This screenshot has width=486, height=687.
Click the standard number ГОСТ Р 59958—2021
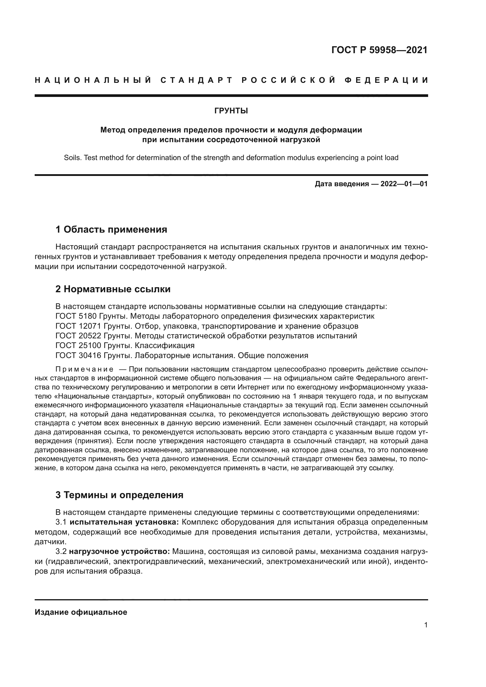(379, 50)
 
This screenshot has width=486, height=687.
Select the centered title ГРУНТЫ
(231, 111)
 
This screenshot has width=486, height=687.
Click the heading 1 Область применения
(111, 229)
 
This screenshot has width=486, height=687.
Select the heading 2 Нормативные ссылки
(113, 289)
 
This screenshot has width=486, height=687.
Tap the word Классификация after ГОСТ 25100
(165, 346)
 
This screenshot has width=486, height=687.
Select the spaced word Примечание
(84, 369)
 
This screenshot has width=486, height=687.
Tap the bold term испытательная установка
(124, 522)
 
